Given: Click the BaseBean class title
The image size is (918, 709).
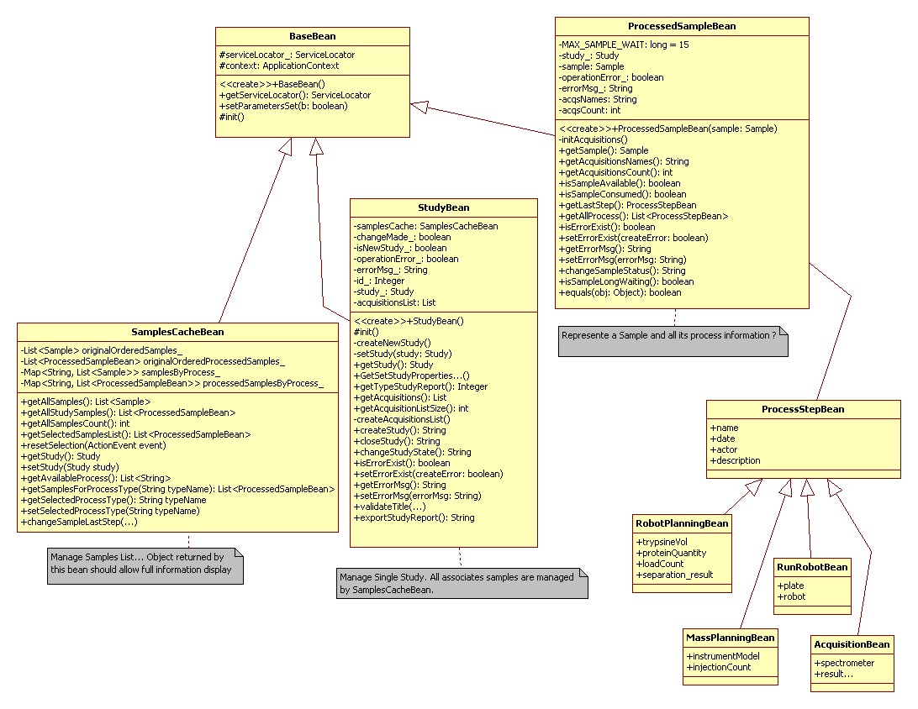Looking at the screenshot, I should coord(312,36).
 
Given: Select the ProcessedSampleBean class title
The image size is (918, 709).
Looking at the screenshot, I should coord(681,26).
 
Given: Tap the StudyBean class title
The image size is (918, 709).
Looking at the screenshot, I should coord(443,207).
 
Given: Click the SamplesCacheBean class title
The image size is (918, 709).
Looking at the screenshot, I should coord(177,332).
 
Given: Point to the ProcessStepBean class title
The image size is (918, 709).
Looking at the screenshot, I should coord(803,409).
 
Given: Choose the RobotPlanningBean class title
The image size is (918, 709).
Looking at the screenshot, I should coord(682,523).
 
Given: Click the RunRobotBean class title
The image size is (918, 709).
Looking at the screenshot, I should coord(812,567).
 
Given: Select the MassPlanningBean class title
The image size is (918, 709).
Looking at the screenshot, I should coord(730,638).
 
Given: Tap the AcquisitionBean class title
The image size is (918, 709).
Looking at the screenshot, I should coord(852,645).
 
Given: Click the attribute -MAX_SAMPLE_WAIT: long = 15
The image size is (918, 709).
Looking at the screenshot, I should coord(624,45).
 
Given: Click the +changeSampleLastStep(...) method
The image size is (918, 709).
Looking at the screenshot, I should coord(79,522).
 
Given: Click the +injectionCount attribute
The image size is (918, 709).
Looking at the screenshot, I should coord(719,667).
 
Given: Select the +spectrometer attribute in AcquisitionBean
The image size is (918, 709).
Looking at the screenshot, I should coord(844,663).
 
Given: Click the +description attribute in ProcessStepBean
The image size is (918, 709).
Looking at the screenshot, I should coord(736,460).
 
